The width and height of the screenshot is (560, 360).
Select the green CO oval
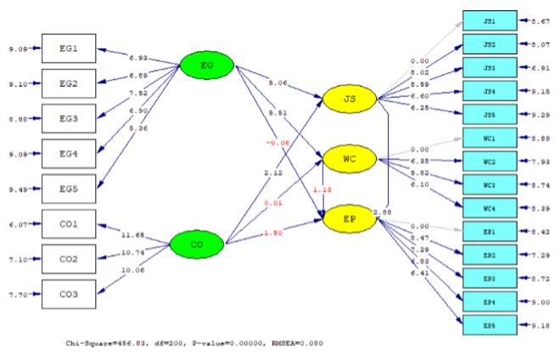[196, 246]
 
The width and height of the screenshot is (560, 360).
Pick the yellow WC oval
[349, 158]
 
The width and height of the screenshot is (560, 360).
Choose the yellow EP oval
[349, 218]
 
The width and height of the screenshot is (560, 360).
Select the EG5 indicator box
[69, 188]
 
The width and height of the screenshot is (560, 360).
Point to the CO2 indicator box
[69, 258]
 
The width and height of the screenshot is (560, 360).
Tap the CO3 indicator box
[69, 294]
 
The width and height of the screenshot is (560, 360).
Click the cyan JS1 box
[490, 21]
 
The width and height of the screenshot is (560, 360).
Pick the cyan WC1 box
[490, 138]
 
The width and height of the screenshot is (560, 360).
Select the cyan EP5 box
[490, 323]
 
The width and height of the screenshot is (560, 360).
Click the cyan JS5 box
[490, 114]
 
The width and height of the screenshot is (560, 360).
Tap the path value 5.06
[277, 83]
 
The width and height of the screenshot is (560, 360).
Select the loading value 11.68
[134, 233]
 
